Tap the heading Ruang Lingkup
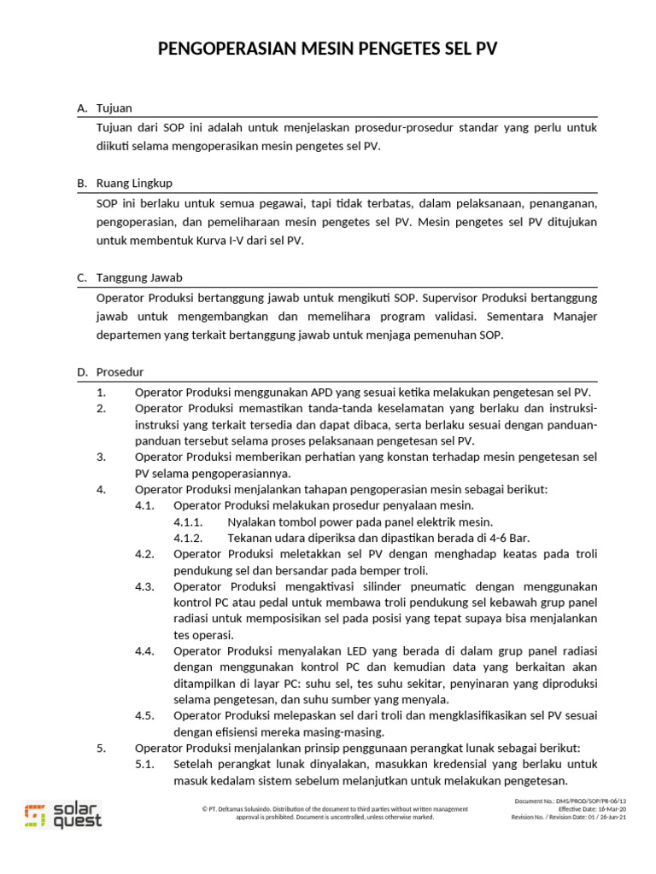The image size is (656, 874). pos(135,184)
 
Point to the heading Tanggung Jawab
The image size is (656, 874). pos(139,278)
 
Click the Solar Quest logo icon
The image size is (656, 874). pos(33,815)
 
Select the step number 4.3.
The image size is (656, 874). pos(144,586)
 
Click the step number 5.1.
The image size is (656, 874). pos(144,764)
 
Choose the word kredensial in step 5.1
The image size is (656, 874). pos(426,764)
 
